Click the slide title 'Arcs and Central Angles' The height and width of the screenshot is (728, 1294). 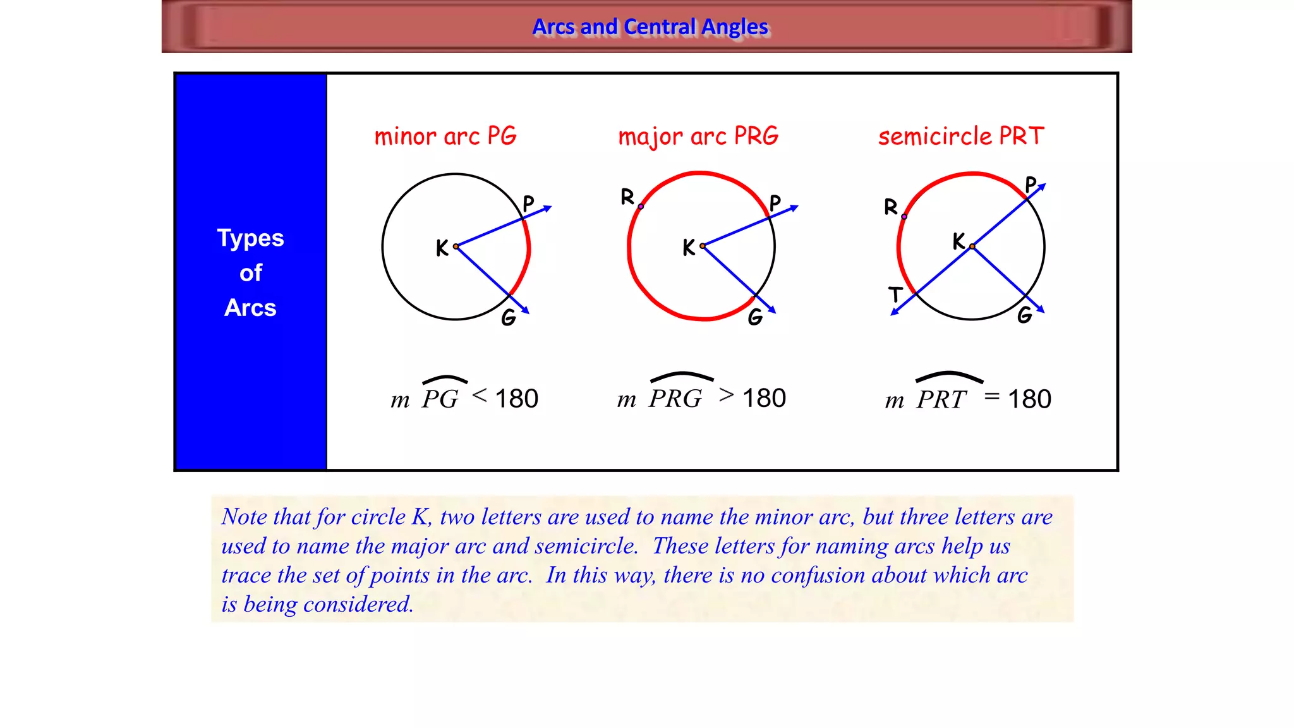[650, 27]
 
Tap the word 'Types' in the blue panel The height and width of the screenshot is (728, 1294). [250, 238]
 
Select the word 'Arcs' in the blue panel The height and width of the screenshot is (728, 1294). [250, 308]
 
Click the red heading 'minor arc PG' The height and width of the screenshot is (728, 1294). [445, 136]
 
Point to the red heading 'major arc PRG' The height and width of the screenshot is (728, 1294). [698, 136]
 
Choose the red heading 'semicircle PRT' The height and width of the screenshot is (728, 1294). [961, 136]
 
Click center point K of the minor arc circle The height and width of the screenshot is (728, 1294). [456, 246]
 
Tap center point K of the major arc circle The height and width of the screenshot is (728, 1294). [702, 246]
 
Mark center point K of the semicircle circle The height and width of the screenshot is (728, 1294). [972, 246]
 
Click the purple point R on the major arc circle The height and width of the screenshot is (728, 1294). [641, 207]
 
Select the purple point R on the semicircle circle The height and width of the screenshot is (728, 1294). [904, 217]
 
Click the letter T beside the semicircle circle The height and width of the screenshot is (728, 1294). [895, 294]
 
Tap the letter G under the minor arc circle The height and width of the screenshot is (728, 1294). [509, 317]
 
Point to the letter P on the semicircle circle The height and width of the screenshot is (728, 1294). [1031, 185]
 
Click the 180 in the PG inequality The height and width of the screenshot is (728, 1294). [516, 399]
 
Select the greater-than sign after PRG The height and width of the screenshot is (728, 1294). [727, 395]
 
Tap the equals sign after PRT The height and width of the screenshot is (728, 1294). [992, 396]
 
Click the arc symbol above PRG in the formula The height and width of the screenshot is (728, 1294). [682, 377]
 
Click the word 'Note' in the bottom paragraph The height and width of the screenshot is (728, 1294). [244, 517]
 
